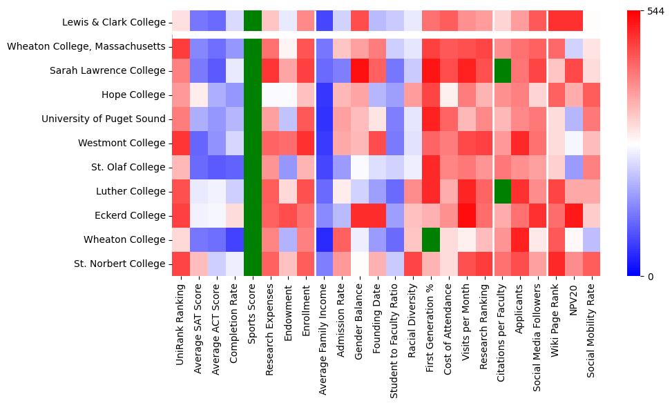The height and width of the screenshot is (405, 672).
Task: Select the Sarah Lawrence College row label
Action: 108,70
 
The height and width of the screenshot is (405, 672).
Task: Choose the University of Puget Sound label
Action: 104,119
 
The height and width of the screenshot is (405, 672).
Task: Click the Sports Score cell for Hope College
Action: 253,95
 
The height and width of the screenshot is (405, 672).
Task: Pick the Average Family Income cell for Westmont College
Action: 325,143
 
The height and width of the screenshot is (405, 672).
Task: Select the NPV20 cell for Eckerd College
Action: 573,215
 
